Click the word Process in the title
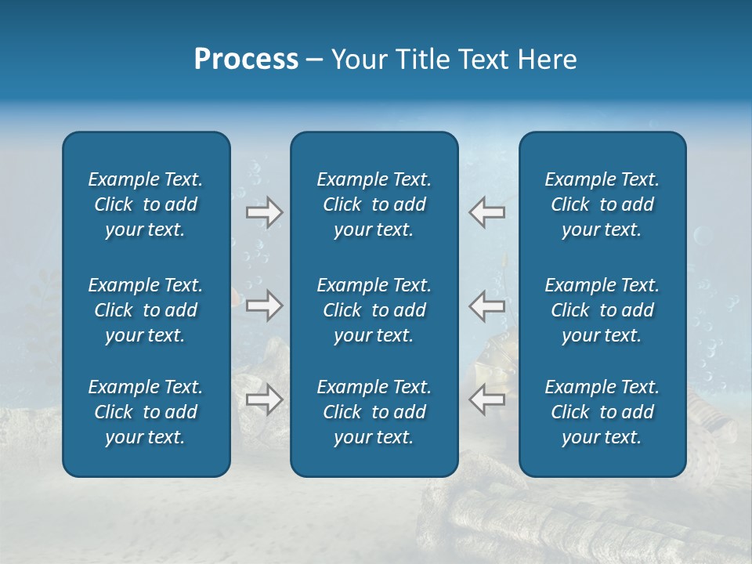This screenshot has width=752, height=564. (x=246, y=60)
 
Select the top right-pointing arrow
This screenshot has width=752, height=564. (x=265, y=212)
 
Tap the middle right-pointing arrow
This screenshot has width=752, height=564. (x=265, y=305)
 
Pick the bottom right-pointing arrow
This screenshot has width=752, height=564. (x=265, y=399)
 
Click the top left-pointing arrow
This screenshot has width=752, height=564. (x=486, y=212)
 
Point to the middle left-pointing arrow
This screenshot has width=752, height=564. (x=486, y=305)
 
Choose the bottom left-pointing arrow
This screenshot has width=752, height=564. (x=486, y=399)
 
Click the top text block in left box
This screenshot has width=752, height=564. (x=146, y=204)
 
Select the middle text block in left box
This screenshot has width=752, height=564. (x=146, y=310)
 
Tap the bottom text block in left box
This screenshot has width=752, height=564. (x=146, y=412)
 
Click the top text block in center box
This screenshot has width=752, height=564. (x=374, y=204)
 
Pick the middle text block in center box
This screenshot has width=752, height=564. (x=374, y=310)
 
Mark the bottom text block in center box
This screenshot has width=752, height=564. (x=374, y=412)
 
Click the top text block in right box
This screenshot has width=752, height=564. (x=602, y=204)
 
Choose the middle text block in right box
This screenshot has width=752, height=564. (x=602, y=310)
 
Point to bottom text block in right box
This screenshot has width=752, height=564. (x=602, y=412)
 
